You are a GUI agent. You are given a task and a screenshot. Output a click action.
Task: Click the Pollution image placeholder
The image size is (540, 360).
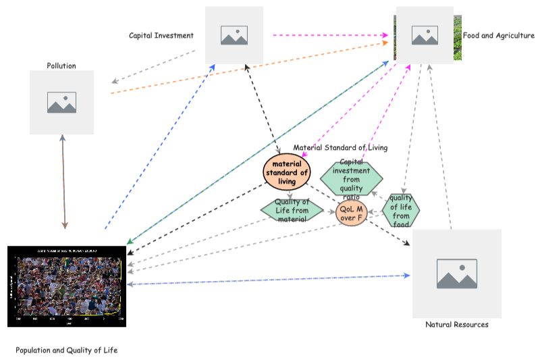point(61,102)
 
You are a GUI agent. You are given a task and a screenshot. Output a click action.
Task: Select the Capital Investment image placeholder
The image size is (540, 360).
point(234,35)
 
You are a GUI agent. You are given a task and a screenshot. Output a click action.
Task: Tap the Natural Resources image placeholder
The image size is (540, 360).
point(456,273)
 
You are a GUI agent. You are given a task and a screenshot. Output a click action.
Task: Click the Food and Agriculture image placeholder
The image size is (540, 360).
point(425,35)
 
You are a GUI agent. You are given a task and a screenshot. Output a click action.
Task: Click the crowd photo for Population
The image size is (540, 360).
point(66,286)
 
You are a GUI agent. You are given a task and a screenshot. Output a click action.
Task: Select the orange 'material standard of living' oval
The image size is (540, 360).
point(287,172)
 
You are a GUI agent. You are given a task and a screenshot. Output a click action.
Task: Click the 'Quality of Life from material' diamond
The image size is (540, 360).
point(292,210)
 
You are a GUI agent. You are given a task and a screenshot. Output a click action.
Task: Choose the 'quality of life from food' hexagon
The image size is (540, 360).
point(400,211)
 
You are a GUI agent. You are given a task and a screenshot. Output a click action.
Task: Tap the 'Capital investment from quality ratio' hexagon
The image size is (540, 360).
point(351,178)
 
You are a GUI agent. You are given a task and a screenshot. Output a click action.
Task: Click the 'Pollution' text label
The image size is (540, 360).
point(61,66)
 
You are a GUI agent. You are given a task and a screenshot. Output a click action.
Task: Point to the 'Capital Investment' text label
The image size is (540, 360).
point(161,35)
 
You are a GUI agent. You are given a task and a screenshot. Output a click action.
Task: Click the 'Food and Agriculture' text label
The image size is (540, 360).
point(498,35)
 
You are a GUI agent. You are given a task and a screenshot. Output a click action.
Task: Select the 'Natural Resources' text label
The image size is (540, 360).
point(456,325)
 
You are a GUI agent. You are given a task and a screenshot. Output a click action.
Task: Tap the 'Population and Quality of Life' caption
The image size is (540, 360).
point(66,350)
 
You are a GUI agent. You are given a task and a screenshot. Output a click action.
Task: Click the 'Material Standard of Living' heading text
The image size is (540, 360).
point(340,147)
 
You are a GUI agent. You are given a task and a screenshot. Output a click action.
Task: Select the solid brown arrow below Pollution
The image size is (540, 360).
point(64,182)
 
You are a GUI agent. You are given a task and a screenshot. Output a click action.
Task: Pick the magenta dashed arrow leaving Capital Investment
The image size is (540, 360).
point(331,35)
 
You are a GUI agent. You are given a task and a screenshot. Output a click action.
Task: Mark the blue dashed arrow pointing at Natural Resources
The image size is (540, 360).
point(270,280)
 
